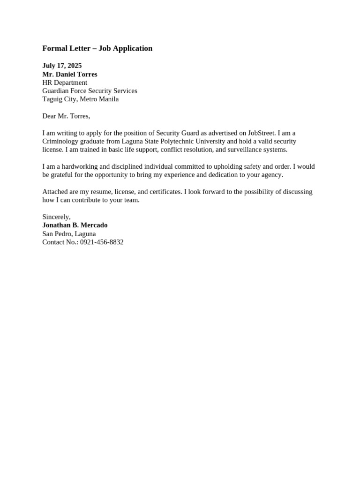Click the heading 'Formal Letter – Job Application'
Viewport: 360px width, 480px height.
point(97,48)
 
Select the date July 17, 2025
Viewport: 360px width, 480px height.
point(62,66)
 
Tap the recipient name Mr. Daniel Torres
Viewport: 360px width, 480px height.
point(70,74)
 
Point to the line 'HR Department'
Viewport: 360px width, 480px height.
point(65,82)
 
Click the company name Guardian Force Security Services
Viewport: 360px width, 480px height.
point(90,91)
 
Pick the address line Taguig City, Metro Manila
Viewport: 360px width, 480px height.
point(80,99)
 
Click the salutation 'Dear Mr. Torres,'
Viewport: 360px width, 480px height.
point(66,116)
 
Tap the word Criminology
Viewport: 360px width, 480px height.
point(60,142)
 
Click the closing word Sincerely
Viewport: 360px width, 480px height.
point(56,217)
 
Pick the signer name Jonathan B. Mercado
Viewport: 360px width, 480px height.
point(75,225)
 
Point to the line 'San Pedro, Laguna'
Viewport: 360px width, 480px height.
point(69,234)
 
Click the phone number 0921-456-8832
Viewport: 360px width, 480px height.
point(102,242)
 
